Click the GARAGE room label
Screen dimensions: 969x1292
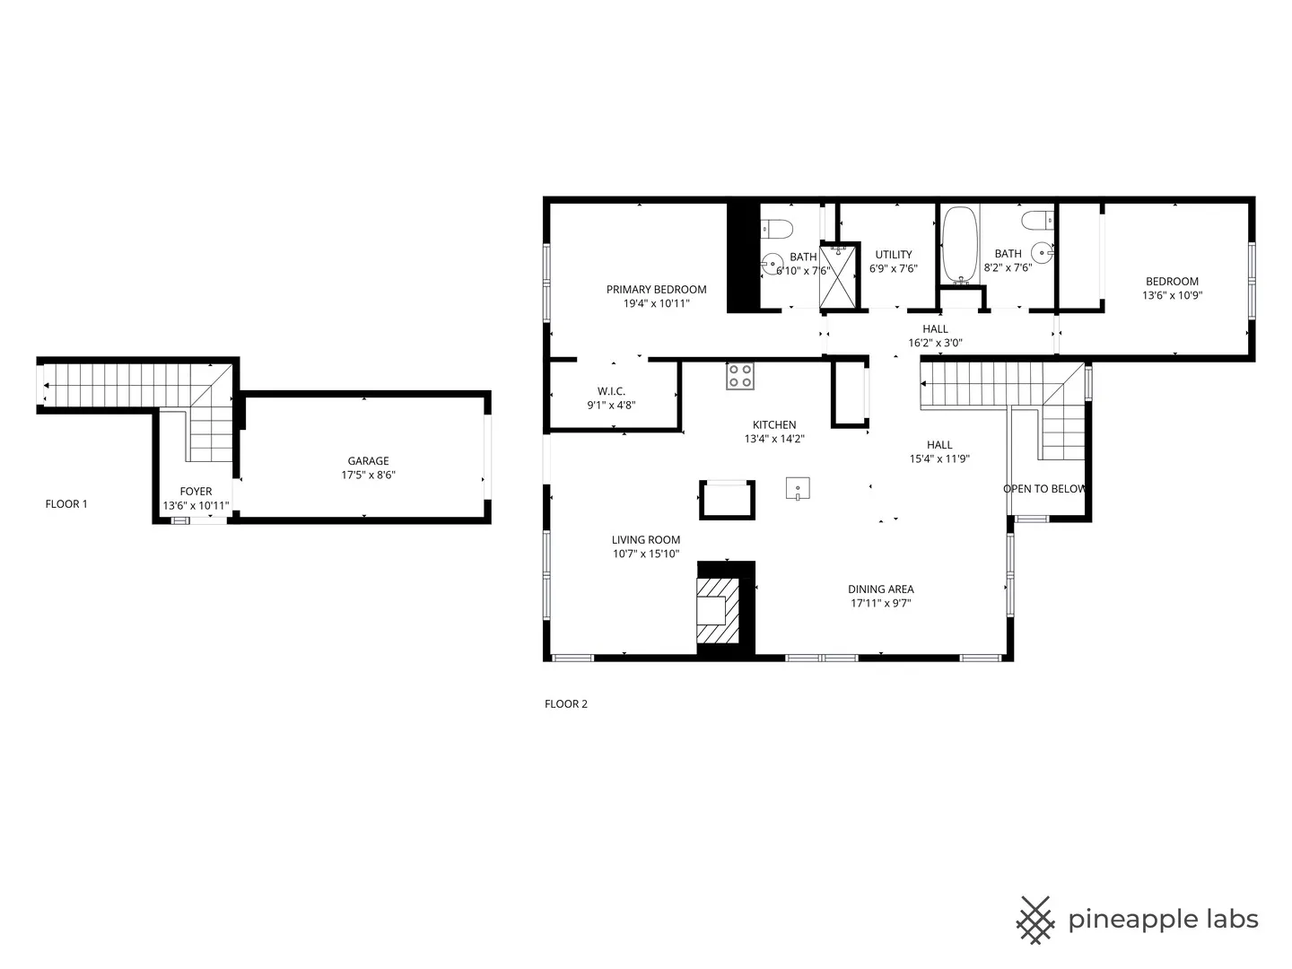pyautogui.click(x=368, y=461)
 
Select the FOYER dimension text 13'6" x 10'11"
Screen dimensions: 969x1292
pyautogui.click(x=196, y=506)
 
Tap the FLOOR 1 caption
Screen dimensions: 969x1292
pyautogui.click(x=66, y=504)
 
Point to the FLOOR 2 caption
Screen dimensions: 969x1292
pyautogui.click(x=565, y=704)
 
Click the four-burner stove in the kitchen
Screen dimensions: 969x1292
pyautogui.click(x=740, y=376)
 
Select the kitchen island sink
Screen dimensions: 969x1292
pyautogui.click(x=798, y=489)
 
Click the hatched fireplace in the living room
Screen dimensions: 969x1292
pyautogui.click(x=718, y=610)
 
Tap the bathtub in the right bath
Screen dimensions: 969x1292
pyautogui.click(x=960, y=244)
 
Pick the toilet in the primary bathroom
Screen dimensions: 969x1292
pyautogui.click(x=776, y=229)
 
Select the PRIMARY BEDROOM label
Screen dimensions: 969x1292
pyautogui.click(x=656, y=290)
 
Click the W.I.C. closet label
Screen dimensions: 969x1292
pyautogui.click(x=611, y=391)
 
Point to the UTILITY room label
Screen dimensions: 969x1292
pyautogui.click(x=893, y=255)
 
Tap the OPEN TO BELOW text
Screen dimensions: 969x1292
pyautogui.click(x=1044, y=489)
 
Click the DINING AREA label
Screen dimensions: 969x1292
pyautogui.click(x=880, y=589)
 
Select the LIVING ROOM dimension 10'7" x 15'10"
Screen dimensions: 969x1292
pyautogui.click(x=645, y=554)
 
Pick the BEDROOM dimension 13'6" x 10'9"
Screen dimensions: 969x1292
pyautogui.click(x=1172, y=295)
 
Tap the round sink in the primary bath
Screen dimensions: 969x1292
pyautogui.click(x=771, y=264)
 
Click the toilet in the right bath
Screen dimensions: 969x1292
pyautogui.click(x=1037, y=220)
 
